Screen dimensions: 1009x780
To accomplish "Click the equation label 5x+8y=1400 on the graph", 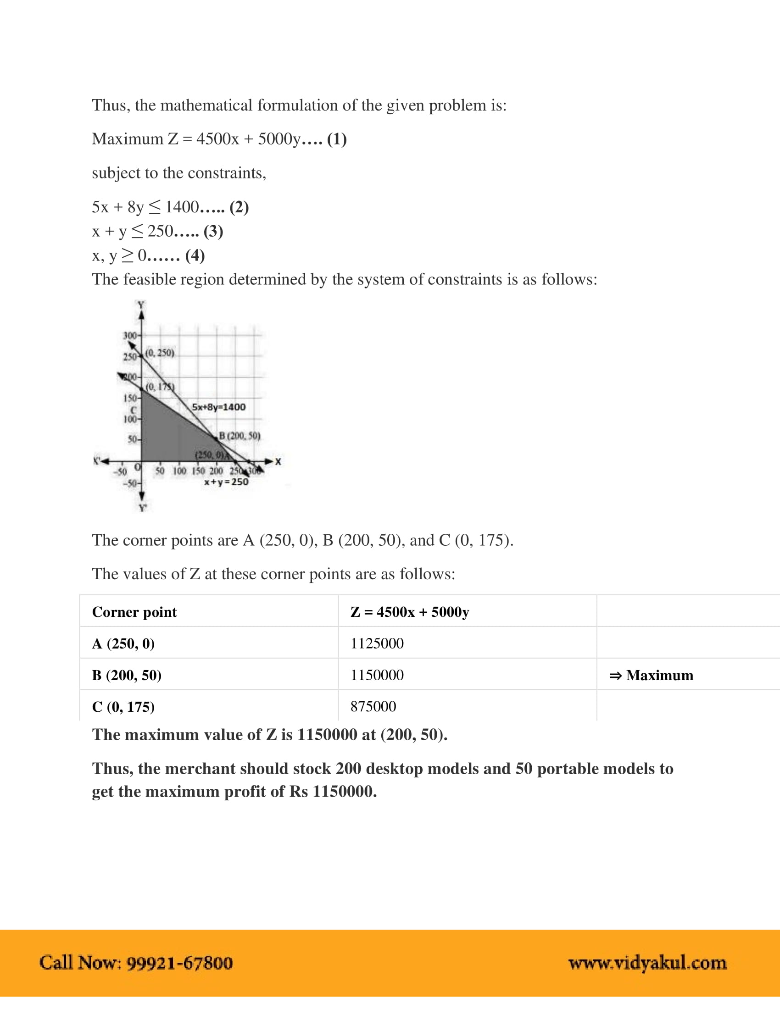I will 218,407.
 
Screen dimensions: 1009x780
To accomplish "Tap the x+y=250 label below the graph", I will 226,482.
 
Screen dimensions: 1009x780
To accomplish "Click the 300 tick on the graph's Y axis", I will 130,335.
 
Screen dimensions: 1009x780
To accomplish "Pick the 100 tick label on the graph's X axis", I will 179,471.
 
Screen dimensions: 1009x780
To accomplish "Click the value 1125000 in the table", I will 377,643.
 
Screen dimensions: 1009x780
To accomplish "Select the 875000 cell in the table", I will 373,706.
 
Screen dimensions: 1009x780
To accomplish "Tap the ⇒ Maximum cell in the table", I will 651,675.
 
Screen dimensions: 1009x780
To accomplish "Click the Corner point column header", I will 134,612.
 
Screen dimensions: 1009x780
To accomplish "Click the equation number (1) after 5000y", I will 337,139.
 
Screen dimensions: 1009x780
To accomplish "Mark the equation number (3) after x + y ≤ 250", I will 213,231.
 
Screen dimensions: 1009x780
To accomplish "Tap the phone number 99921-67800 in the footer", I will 179,962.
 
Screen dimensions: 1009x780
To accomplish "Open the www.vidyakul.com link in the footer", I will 647,963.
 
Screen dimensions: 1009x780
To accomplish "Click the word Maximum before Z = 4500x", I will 128,139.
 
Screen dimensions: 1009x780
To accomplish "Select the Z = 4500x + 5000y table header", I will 409,612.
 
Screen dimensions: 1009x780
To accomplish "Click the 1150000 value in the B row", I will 377,675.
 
